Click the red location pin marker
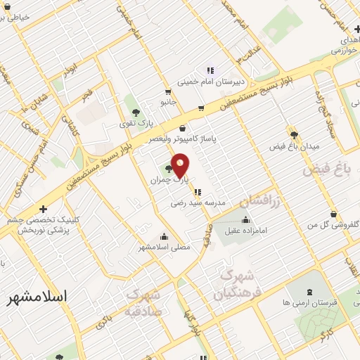click(x=181, y=166)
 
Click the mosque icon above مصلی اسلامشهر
click(x=164, y=236)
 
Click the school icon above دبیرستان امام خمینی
click(x=210, y=70)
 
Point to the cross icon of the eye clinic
click(x=44, y=208)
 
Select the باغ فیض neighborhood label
click(x=326, y=169)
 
